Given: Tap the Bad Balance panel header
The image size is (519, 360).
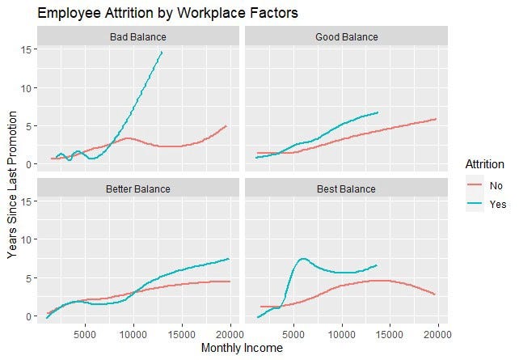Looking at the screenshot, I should [x=138, y=37].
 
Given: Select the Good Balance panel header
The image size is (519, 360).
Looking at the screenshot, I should [x=346, y=37].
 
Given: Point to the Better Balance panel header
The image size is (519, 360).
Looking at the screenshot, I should [x=138, y=189].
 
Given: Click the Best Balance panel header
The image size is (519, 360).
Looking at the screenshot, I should [x=346, y=189].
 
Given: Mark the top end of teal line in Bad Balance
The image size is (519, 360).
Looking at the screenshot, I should [x=162, y=53].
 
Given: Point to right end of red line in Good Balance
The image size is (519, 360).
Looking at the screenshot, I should [x=437, y=119].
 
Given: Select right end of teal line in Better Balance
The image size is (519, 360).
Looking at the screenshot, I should [x=230, y=259].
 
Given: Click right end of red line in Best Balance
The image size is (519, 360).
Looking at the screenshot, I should [x=437, y=294].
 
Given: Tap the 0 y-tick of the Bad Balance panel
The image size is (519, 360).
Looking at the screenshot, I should [x=28, y=164].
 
